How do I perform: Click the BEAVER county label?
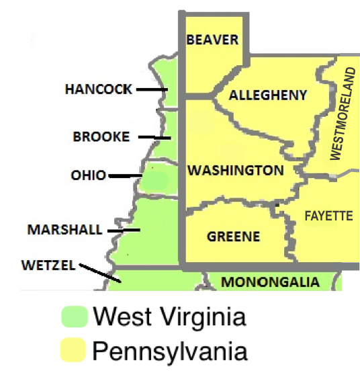(x=212, y=40)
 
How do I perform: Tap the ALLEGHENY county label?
(x=268, y=95)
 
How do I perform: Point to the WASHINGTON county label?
(x=235, y=170)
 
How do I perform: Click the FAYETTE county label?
(x=328, y=216)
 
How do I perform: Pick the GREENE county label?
(x=233, y=237)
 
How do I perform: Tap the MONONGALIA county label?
(x=270, y=282)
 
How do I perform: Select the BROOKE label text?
(x=101, y=136)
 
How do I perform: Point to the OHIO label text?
(x=88, y=176)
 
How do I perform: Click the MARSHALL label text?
(x=65, y=230)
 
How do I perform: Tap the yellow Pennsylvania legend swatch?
(x=73, y=350)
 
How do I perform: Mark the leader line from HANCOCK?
(x=151, y=89)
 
